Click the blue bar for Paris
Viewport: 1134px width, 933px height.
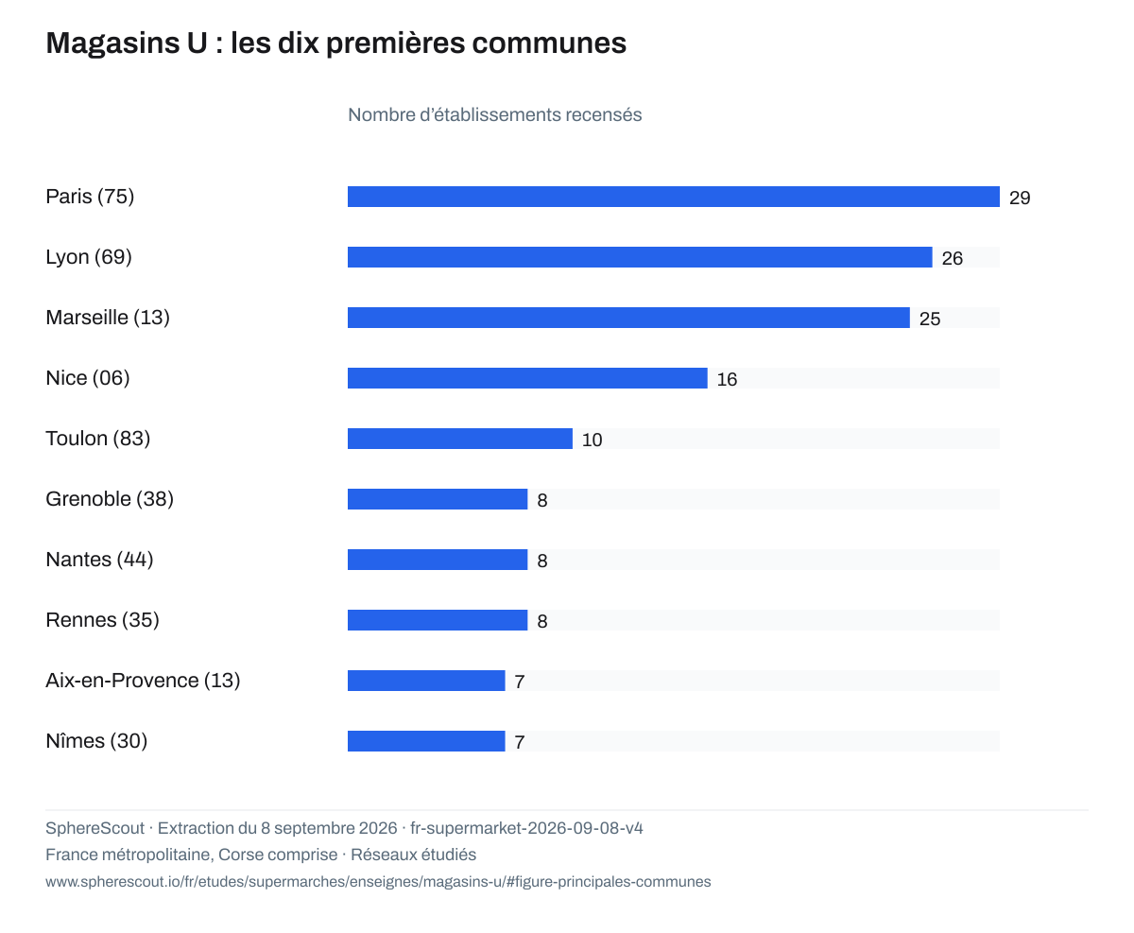[x=673, y=197]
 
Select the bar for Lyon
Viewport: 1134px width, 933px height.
[x=640, y=257]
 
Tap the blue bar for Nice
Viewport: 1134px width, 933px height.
[x=527, y=378]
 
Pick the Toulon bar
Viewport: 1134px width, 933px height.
[x=459, y=439]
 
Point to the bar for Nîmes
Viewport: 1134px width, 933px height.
[x=426, y=741]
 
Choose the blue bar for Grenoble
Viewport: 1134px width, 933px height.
[x=438, y=499]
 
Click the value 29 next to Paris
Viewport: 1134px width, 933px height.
[x=1020, y=198]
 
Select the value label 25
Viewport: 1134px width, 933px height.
[x=930, y=319]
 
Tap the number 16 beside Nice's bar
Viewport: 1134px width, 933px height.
[x=727, y=380]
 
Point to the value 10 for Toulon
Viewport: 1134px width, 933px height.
[x=592, y=440]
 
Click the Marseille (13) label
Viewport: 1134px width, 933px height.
[x=108, y=318]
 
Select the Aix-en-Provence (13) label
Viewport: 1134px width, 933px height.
[x=143, y=681]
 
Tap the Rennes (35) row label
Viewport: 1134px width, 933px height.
[x=102, y=620]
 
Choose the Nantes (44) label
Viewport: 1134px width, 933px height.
[x=99, y=560]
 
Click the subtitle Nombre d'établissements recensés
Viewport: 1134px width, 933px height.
[x=494, y=115]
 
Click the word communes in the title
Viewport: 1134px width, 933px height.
[x=549, y=43]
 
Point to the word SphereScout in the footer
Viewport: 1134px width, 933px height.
[x=95, y=828]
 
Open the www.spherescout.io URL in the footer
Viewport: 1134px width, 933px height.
[x=378, y=882]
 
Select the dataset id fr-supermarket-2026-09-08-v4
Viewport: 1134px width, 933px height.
[x=526, y=828]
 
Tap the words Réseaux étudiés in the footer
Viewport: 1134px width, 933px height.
[x=414, y=855]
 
